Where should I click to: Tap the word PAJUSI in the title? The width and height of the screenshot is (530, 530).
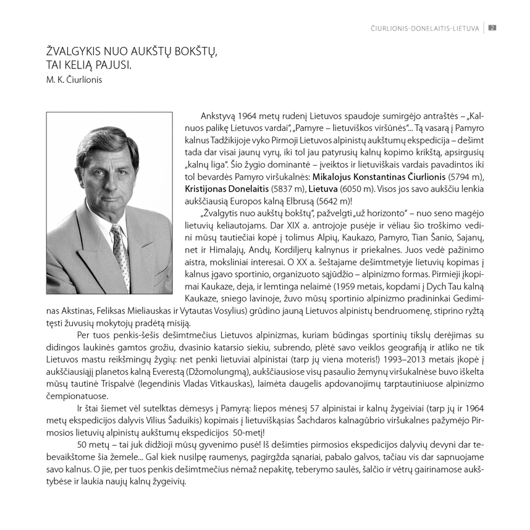[x=112, y=65]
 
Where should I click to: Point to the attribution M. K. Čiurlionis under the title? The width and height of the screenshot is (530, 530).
[x=73, y=80]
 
